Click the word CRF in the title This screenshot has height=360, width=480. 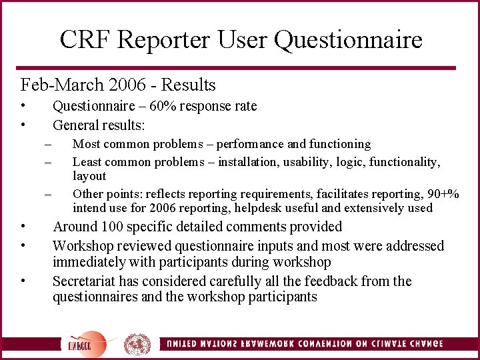(x=81, y=40)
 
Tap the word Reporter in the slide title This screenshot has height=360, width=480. (x=163, y=40)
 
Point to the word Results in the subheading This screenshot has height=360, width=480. (x=189, y=85)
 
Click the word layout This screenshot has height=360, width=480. (x=89, y=176)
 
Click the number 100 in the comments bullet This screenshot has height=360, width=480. (x=112, y=227)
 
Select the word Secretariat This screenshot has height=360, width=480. (x=85, y=281)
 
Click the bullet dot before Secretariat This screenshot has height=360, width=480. (x=23, y=281)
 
